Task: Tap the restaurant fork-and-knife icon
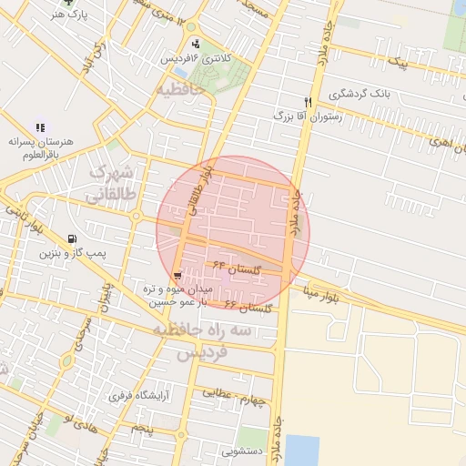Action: point(308,101)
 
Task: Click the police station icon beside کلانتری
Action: point(196,43)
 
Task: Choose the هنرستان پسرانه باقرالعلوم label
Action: point(39,149)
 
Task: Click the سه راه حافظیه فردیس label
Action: point(201,341)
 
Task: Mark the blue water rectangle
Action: point(302,450)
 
